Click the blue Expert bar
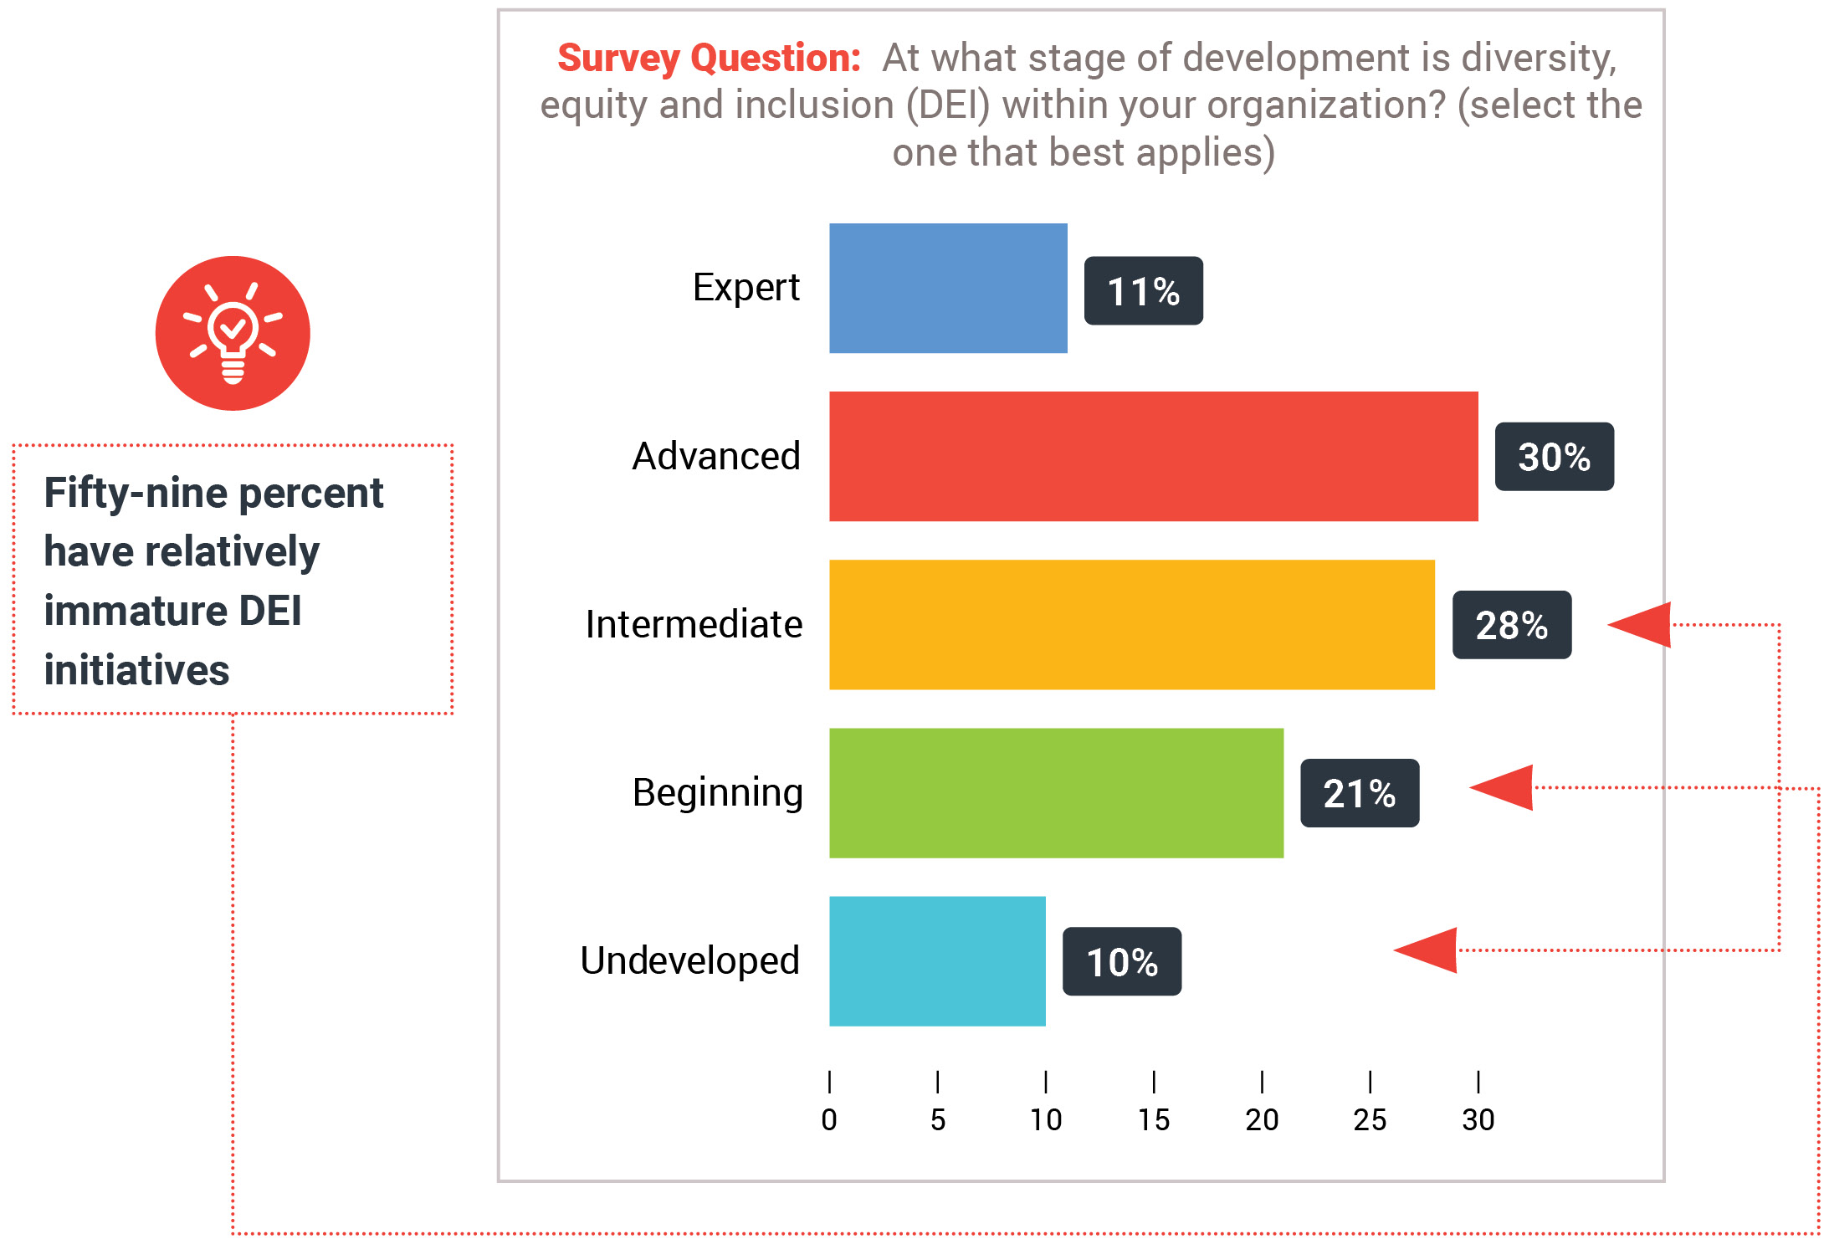tap(947, 288)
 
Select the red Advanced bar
tap(1153, 456)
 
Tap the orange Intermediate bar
tap(1131, 624)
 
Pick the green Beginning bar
tap(1056, 792)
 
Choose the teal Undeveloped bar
tap(937, 960)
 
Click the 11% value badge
tap(1143, 290)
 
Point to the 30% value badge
tap(1554, 456)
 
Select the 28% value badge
tap(1511, 625)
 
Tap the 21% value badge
tap(1359, 793)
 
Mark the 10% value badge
tap(1121, 961)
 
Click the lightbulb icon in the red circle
tap(233, 333)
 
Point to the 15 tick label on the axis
tap(1153, 1119)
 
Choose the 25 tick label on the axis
tap(1370, 1119)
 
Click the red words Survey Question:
tap(709, 59)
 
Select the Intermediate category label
tap(693, 624)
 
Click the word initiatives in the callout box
tap(136, 670)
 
